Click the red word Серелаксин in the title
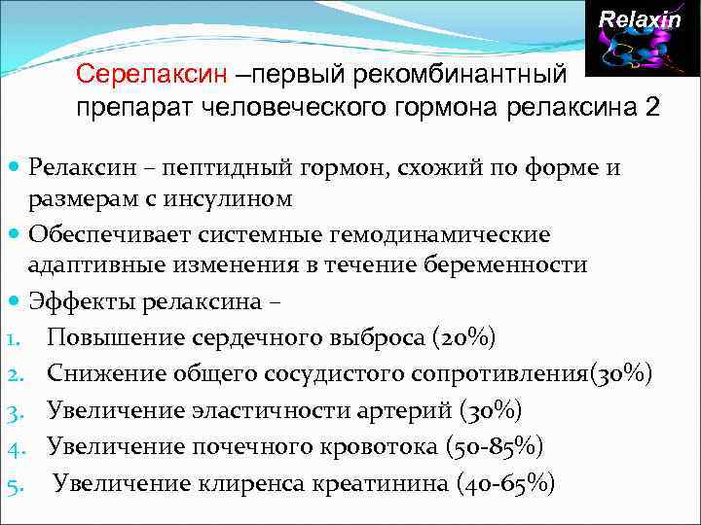(152, 74)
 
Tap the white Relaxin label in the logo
(640, 19)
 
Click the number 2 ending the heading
(651, 107)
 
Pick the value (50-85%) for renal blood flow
(494, 446)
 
